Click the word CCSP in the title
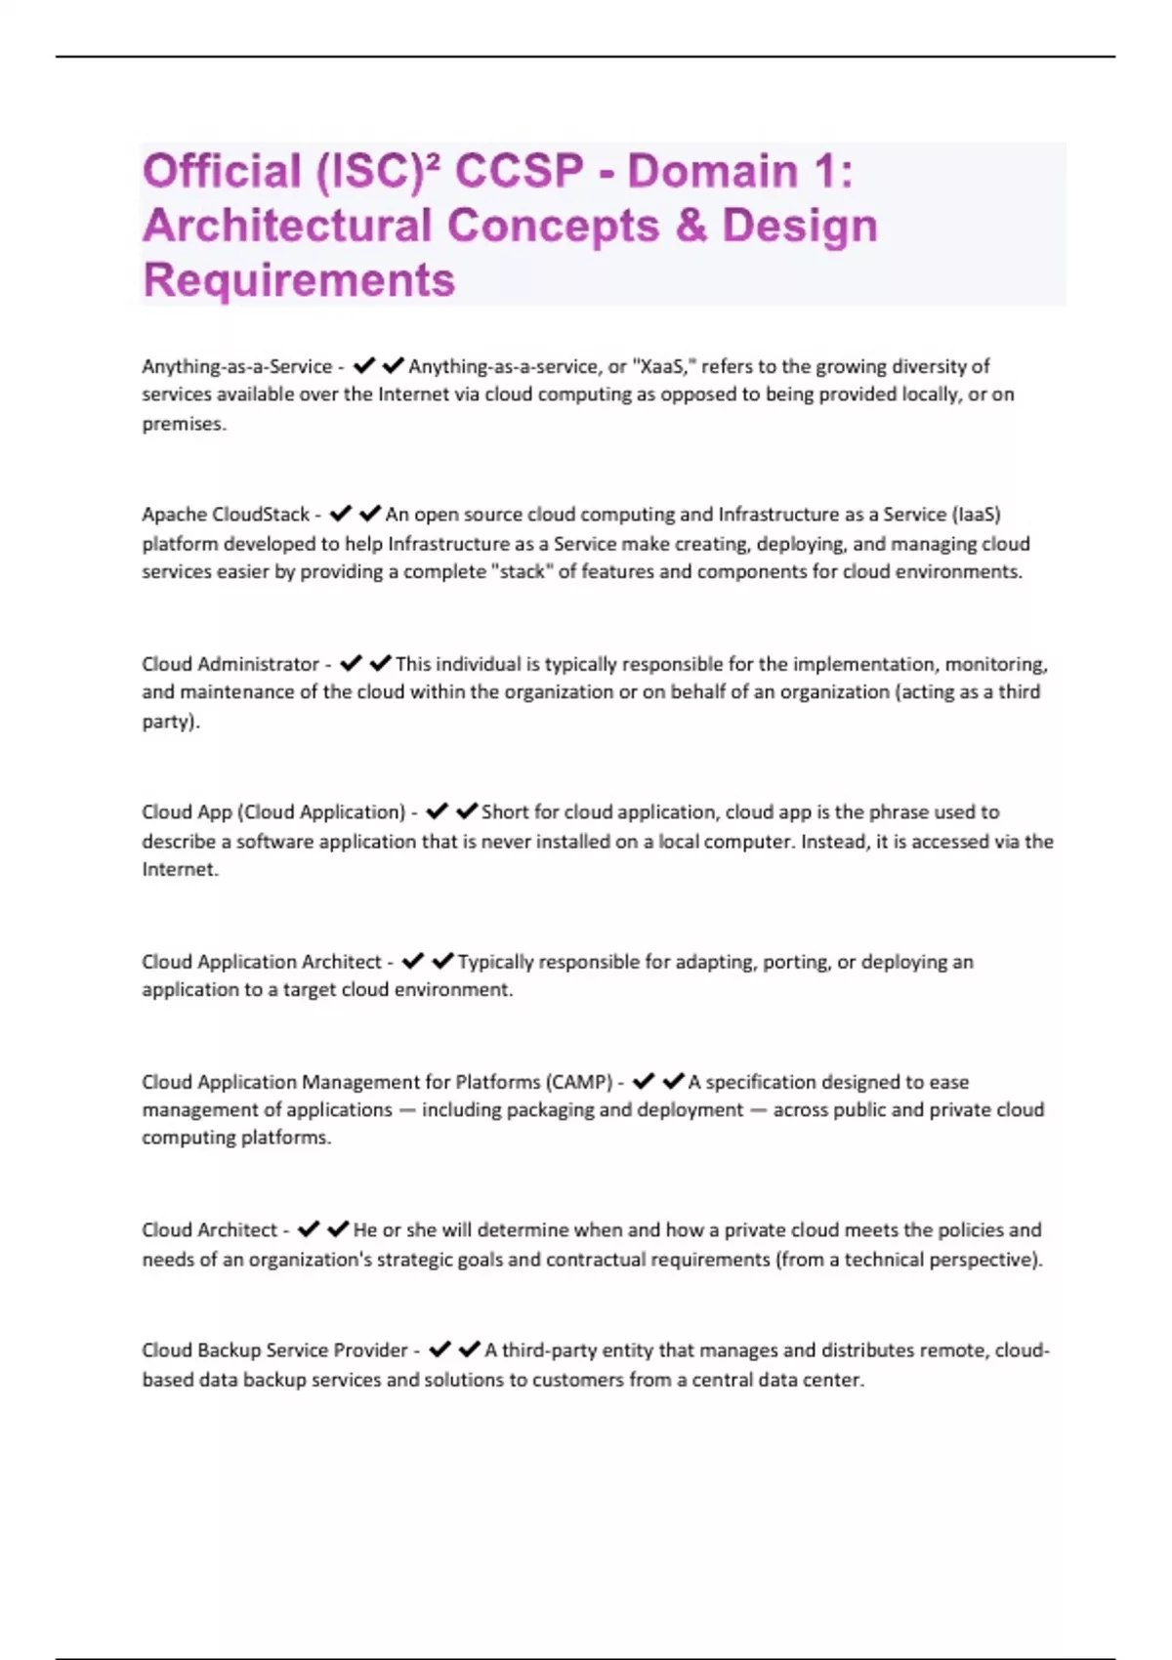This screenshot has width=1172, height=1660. (x=519, y=171)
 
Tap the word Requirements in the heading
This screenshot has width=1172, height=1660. (x=299, y=280)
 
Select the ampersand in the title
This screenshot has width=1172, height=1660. (x=691, y=226)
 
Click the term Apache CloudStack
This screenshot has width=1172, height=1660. (x=226, y=515)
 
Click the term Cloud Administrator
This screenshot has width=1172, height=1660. (x=230, y=664)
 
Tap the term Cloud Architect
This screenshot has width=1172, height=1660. (x=209, y=1230)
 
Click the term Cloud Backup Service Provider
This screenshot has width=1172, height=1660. (x=274, y=1350)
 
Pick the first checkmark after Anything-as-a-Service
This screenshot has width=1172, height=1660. (x=364, y=366)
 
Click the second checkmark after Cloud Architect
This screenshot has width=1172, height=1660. (x=338, y=1229)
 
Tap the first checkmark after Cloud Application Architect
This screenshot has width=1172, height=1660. (x=413, y=962)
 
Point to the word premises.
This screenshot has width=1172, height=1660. (x=184, y=424)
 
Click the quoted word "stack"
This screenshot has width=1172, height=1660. (x=521, y=572)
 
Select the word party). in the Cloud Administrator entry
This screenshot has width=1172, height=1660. (x=171, y=722)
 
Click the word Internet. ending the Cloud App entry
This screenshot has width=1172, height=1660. (x=180, y=870)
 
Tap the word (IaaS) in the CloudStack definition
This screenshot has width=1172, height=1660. (x=976, y=515)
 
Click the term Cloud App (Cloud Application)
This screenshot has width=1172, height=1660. (x=273, y=812)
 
